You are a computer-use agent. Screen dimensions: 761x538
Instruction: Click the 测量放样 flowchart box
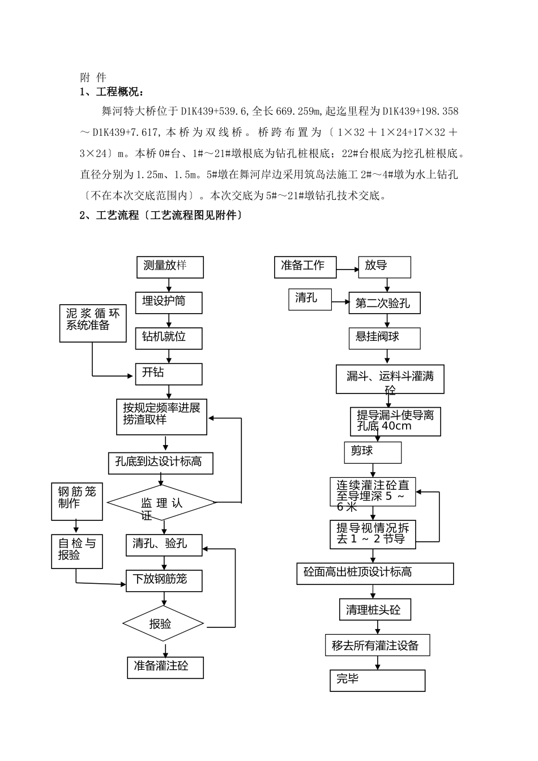[170, 267]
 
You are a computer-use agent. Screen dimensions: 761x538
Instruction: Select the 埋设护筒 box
[169, 302]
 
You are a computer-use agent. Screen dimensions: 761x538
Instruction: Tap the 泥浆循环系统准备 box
[93, 323]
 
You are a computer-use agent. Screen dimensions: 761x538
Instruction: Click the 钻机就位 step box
[169, 337]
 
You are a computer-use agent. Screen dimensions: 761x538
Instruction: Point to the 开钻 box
[169, 374]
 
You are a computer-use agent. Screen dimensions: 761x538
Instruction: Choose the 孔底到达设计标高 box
[161, 463]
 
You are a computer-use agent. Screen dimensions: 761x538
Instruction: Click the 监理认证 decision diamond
[161, 502]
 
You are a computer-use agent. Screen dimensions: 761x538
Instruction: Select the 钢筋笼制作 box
[77, 502]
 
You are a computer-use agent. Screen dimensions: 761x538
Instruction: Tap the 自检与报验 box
[77, 551]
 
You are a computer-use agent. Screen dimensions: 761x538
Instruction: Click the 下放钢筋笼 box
[164, 580]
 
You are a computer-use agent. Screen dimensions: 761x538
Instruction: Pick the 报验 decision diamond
[163, 623]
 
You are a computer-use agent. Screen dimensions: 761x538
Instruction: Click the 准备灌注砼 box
[165, 667]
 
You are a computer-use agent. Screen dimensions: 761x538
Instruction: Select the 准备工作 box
[305, 267]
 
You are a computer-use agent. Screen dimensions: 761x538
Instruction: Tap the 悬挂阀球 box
[384, 338]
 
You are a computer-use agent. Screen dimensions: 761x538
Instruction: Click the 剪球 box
[373, 452]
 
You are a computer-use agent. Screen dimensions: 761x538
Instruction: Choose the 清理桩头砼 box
[374, 610]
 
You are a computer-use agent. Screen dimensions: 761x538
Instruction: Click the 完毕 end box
[377, 680]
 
